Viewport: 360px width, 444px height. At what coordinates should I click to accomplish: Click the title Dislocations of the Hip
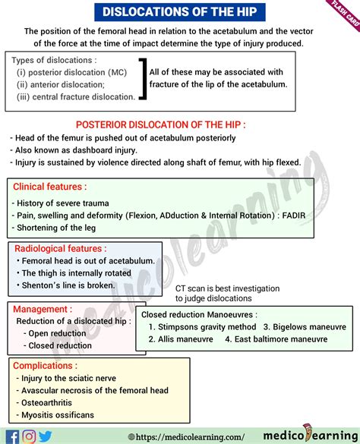coord(179,11)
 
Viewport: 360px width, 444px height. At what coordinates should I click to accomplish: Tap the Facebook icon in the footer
coord(12,436)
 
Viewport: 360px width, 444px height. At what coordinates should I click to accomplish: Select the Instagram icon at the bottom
coord(29,436)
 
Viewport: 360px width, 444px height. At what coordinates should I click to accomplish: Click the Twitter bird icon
coord(46,436)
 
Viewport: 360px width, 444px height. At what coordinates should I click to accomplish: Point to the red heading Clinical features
coord(50,186)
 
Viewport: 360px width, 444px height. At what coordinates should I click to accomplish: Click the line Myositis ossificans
coord(57,414)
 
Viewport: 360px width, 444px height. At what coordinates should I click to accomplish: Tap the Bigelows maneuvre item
coord(302,327)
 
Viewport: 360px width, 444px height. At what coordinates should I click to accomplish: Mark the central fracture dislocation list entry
coord(75,96)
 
